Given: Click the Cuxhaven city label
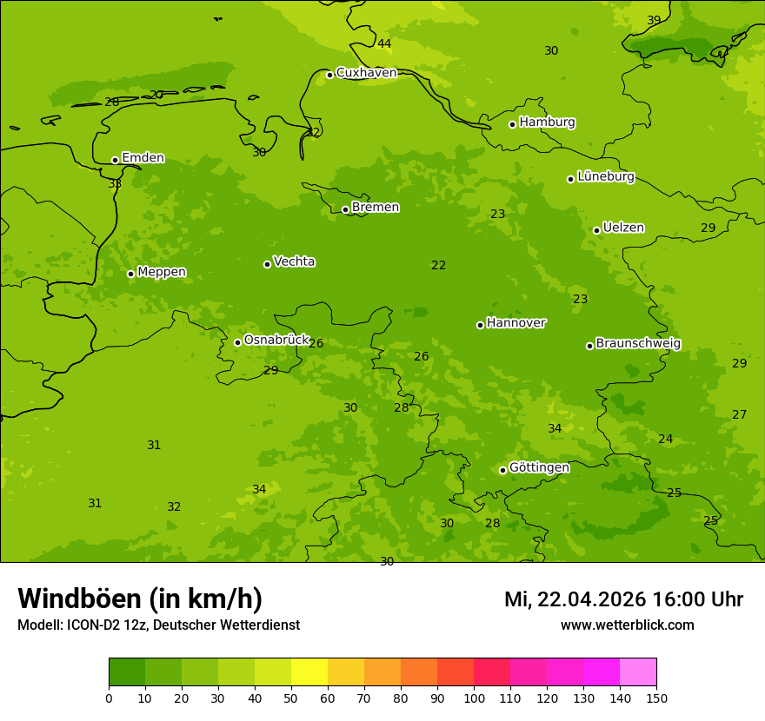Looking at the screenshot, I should (x=366, y=73).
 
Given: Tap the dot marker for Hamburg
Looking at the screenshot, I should (x=513, y=124).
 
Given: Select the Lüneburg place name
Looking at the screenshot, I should (x=606, y=177).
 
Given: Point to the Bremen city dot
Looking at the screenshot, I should (x=345, y=209).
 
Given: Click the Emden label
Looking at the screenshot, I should (x=143, y=158).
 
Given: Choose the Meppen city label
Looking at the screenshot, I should (x=162, y=272).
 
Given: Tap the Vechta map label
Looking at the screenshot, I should (x=294, y=261).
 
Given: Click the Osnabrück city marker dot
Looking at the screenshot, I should (x=237, y=342).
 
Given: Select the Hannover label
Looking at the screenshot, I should (x=516, y=323).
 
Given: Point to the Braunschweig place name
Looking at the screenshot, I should (x=638, y=344).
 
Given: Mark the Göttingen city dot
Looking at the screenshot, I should (x=502, y=470).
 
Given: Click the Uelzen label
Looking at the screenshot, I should (x=623, y=228).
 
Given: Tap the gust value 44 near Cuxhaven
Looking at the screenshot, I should (x=384, y=43).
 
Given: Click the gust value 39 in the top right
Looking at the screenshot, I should (x=654, y=20).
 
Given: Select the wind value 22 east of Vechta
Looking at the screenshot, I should (x=438, y=265).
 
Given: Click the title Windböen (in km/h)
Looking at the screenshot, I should (x=140, y=599).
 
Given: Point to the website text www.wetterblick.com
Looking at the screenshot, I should (x=627, y=625).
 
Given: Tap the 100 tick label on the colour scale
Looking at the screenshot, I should (x=474, y=698).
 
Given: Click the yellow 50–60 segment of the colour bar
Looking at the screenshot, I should (x=309, y=672).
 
